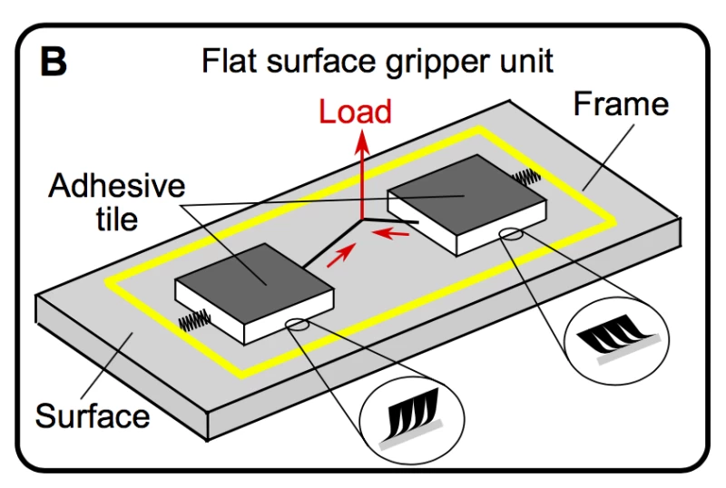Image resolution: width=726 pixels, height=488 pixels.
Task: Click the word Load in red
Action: tap(354, 112)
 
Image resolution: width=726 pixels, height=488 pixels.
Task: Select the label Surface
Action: tap(92, 416)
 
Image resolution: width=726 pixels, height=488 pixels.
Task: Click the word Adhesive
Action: tap(116, 187)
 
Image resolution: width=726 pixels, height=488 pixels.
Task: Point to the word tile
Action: tap(118, 219)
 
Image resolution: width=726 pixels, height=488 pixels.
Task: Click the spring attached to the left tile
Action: tap(194, 318)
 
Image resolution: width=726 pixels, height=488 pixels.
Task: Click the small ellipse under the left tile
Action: tap(299, 325)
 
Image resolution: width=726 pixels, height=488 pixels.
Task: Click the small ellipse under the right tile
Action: tap(511, 235)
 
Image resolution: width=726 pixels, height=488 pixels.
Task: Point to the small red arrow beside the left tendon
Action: tap(337, 259)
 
